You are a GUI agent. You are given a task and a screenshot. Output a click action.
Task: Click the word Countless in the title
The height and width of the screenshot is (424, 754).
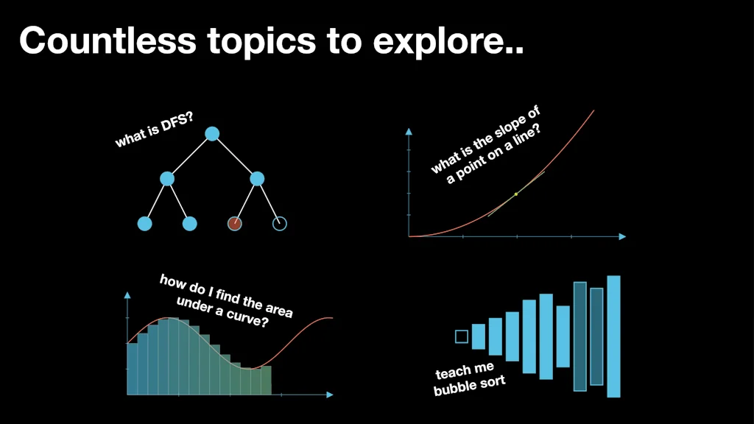(x=108, y=40)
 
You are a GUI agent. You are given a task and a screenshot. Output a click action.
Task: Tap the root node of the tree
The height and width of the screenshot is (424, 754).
(x=212, y=134)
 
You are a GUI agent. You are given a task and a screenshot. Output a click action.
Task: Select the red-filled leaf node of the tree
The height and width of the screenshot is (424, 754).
(x=235, y=224)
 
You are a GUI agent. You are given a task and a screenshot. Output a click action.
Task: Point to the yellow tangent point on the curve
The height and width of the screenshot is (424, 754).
(x=516, y=194)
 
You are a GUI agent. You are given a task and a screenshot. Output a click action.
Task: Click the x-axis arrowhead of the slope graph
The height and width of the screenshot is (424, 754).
(x=622, y=236)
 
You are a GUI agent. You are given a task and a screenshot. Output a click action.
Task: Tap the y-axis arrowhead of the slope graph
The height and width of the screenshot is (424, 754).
(x=409, y=131)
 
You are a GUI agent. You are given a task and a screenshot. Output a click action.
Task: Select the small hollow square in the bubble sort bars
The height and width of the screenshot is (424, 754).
(x=462, y=336)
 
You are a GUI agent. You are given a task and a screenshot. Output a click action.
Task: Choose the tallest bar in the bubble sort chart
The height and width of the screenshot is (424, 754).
(x=613, y=336)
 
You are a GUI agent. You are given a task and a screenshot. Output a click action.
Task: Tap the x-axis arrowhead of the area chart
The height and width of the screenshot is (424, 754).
(x=330, y=395)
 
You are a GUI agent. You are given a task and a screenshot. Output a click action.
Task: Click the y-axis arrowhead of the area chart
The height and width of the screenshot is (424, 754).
(x=127, y=295)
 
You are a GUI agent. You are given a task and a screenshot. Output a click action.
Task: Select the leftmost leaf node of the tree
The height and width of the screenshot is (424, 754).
(x=145, y=224)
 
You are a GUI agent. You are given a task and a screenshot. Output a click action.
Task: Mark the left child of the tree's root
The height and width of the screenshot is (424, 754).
(x=167, y=179)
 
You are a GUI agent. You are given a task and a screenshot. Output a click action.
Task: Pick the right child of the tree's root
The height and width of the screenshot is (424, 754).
(x=257, y=179)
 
